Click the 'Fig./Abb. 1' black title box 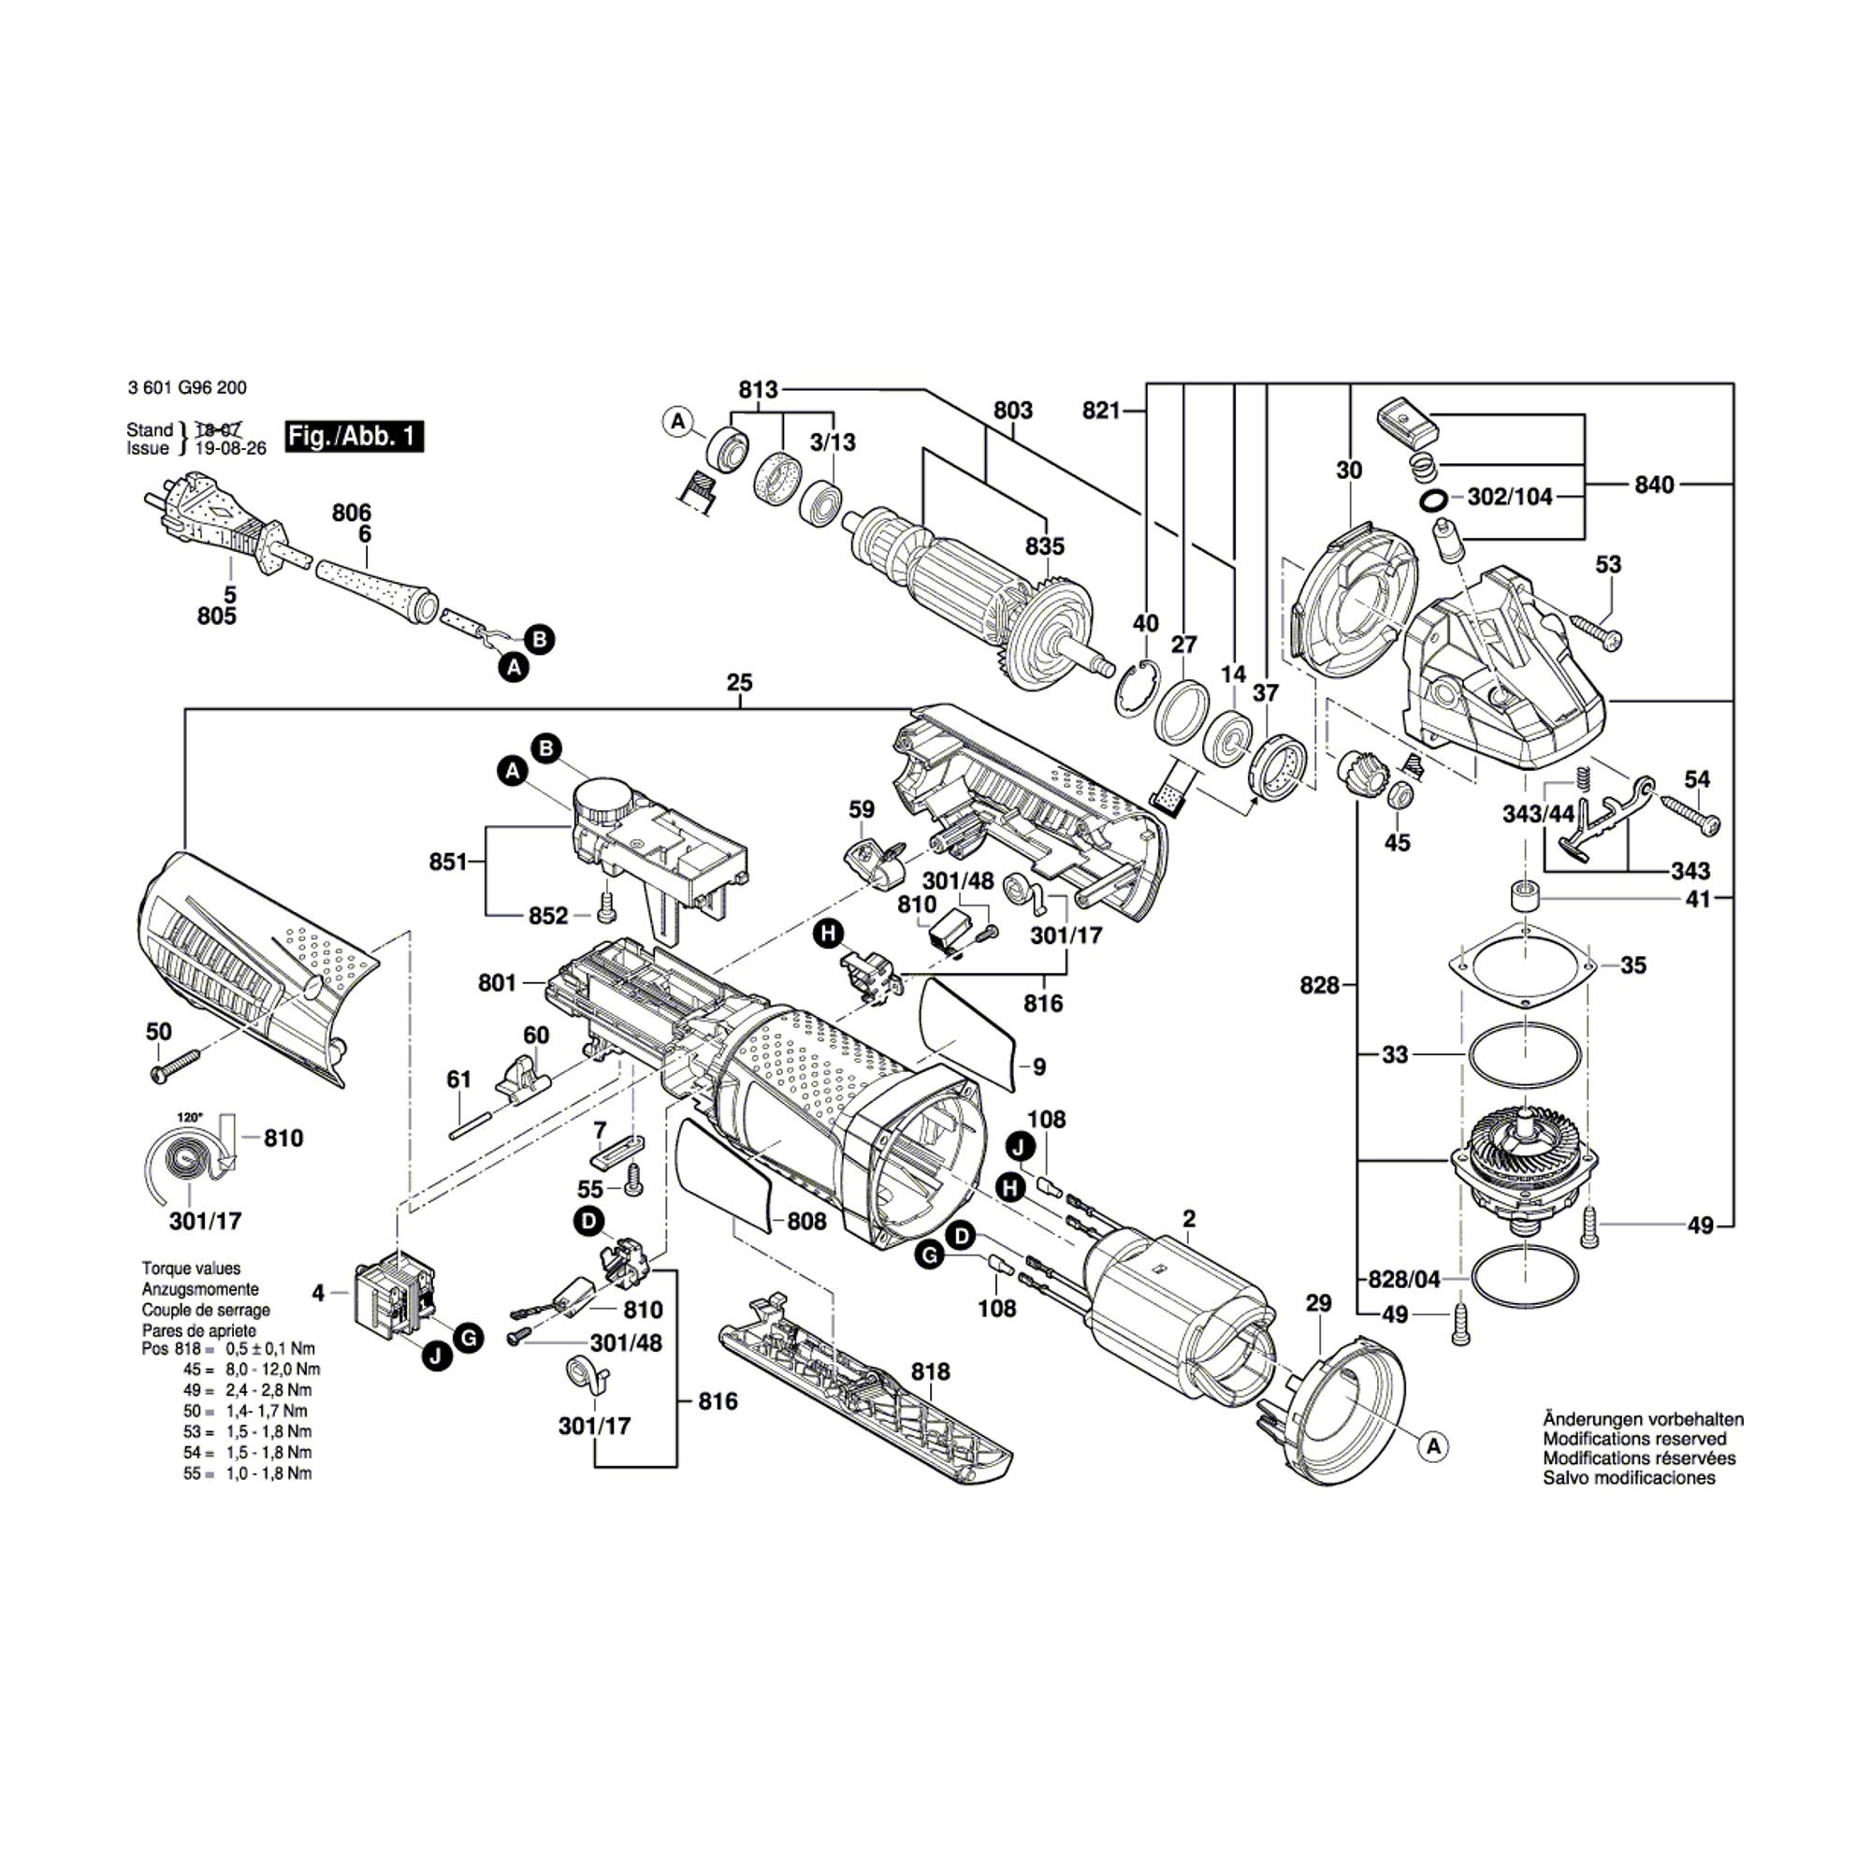(x=355, y=436)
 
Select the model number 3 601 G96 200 (x=186, y=388)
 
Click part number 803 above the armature (x=1012, y=411)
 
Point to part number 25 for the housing (x=739, y=683)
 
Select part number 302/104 (x=1510, y=497)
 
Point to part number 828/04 (x=1404, y=1279)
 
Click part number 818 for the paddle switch (x=930, y=1372)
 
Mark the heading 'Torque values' (x=191, y=1269)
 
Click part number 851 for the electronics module (x=448, y=861)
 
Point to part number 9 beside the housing (x=1039, y=1067)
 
